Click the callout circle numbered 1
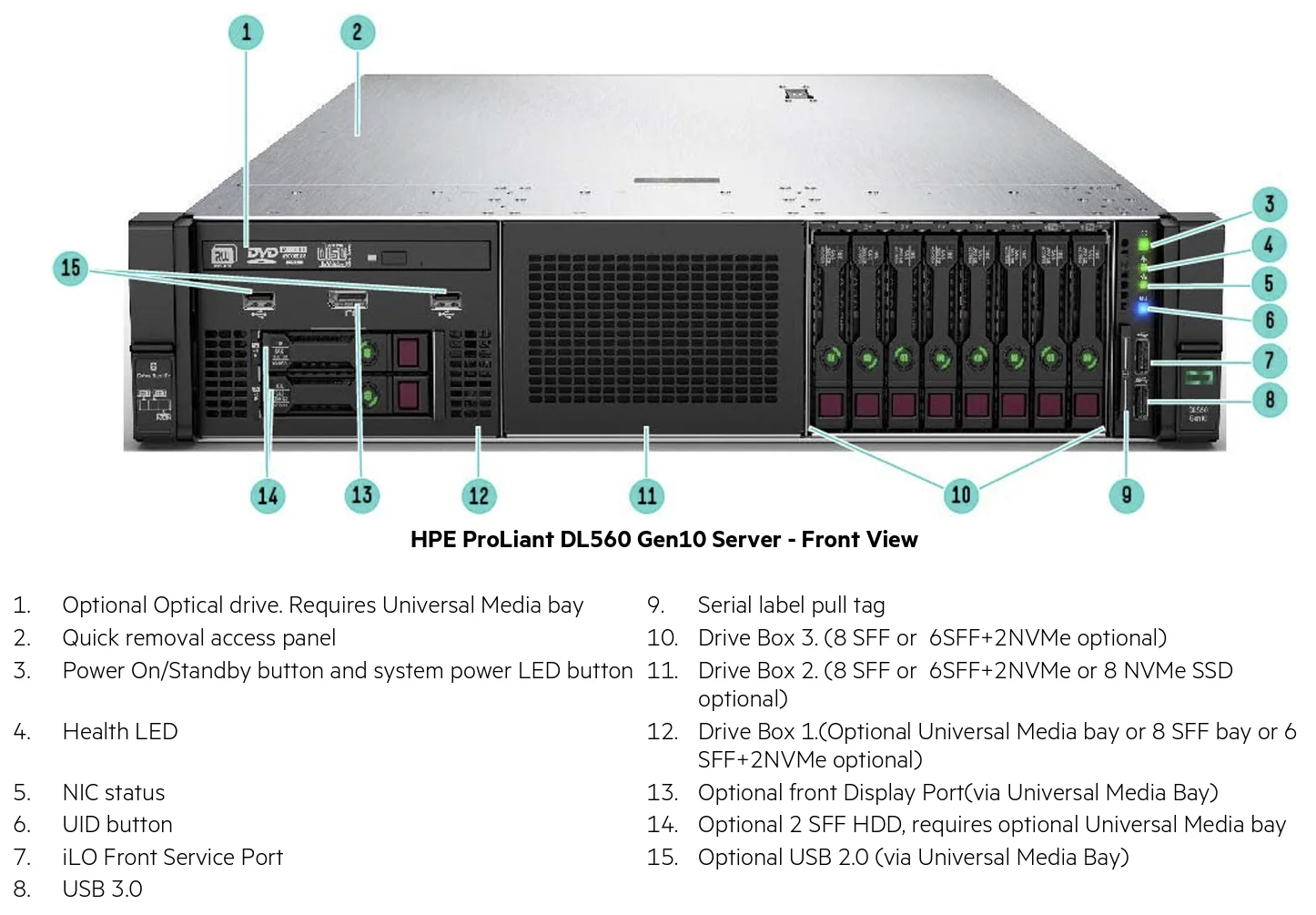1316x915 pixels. coord(246,33)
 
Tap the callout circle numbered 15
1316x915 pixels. coord(71,268)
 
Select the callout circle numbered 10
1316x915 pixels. coord(961,494)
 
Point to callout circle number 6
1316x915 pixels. coord(1270,320)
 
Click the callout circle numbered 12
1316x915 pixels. coord(479,495)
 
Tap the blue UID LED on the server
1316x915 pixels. coord(1143,309)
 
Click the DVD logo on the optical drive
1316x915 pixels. coord(262,254)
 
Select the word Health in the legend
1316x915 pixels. coord(94,731)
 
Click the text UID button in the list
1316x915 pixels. coord(117,824)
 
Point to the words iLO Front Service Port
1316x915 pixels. coord(173,857)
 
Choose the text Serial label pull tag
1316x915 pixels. coord(791,605)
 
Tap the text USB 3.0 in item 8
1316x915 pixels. coord(102,889)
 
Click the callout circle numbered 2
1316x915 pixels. coord(357,33)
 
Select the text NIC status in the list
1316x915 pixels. coord(114,792)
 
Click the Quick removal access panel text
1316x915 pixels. coord(198,637)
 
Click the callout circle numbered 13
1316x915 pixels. coord(362,494)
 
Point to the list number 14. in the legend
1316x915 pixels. coord(663,824)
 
